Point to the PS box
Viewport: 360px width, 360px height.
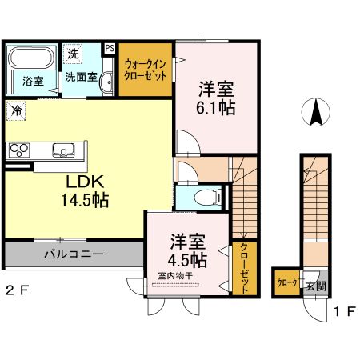(x=110, y=47)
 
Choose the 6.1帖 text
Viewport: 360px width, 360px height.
(x=215, y=107)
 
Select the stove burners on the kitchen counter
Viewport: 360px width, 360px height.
(x=18, y=149)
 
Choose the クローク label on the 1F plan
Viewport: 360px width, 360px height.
(x=287, y=284)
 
